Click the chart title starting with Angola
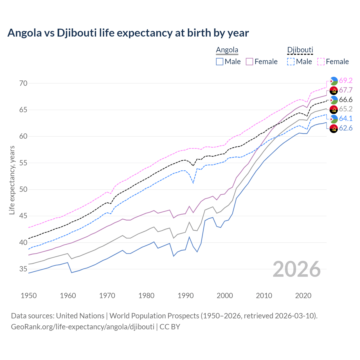[x=128, y=33]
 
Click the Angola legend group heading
[x=227, y=50]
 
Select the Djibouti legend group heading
[x=300, y=50]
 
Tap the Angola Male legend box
[x=220, y=62]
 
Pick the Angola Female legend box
[x=250, y=62]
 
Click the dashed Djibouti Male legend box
[x=291, y=62]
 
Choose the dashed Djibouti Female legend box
[x=321, y=62]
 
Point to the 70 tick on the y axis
[x=23, y=83]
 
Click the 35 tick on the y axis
[x=23, y=269]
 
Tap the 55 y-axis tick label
[x=23, y=163]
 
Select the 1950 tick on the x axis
[x=29, y=296]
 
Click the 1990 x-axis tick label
[x=186, y=296]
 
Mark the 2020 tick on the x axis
[x=303, y=296]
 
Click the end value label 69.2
[x=346, y=80]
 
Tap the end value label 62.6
[x=346, y=128]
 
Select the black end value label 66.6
[x=346, y=100]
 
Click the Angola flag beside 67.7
[x=334, y=90]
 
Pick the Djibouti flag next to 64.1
[x=334, y=119]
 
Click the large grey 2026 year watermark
[x=296, y=269]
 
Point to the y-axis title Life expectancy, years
[x=12, y=180]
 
